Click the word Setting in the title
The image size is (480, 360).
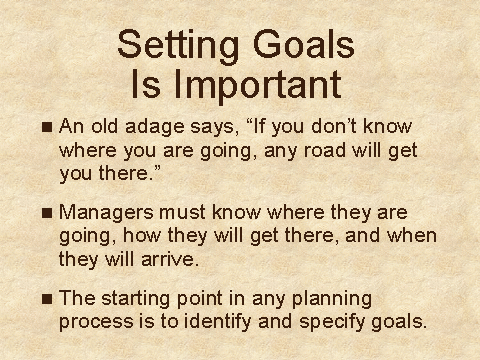tap(178, 46)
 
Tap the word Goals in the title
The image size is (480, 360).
tap(304, 43)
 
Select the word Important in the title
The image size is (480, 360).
tap(258, 85)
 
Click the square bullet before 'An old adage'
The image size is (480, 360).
tap(47, 127)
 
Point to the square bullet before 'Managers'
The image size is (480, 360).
tap(47, 213)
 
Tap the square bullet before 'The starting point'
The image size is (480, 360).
tap(47, 299)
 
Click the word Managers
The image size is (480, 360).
tap(106, 214)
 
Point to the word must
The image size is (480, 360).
tap(182, 213)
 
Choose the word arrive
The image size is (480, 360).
tap(170, 259)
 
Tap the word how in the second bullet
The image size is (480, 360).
tap(142, 235)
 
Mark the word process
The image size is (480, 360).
tap(96, 323)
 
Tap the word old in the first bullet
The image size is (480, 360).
tap(104, 126)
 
